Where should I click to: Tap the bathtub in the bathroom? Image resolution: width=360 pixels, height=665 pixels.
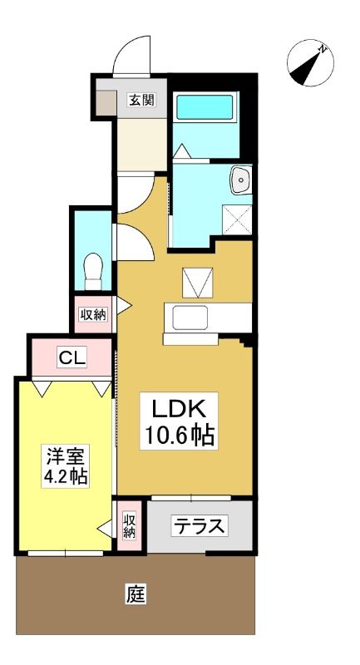point(205,107)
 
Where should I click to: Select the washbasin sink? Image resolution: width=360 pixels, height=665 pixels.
point(241,180)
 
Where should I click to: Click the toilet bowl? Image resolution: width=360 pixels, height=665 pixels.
point(94,271)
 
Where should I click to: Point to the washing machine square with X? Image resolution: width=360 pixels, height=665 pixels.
point(237,219)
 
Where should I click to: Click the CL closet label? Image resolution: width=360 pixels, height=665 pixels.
point(72,357)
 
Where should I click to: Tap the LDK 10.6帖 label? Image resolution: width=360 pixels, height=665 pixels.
point(179,421)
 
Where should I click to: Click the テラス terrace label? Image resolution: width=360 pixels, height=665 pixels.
point(199,526)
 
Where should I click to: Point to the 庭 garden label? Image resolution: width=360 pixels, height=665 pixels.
point(136,594)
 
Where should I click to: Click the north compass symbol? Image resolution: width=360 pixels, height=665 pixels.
point(310,63)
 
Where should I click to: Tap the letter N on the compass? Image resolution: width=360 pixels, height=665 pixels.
point(323,49)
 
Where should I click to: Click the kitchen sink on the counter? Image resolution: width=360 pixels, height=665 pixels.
point(190,318)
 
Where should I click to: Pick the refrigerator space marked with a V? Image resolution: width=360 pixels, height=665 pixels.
point(198,283)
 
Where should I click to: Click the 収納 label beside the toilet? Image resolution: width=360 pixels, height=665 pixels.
point(94,314)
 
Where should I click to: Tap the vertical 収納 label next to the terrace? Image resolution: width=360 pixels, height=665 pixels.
point(130,526)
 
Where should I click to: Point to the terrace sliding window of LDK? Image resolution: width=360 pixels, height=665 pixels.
point(191,498)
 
